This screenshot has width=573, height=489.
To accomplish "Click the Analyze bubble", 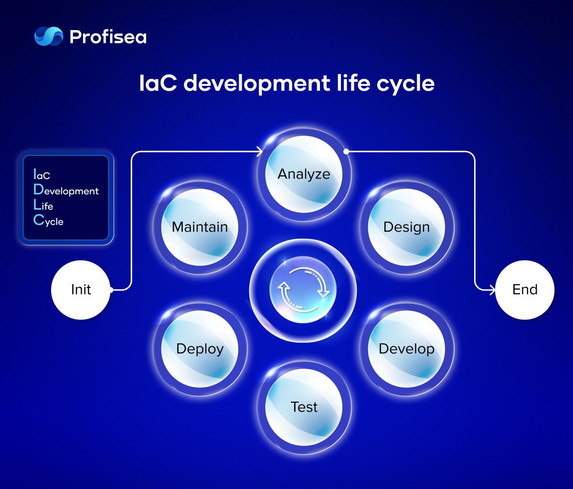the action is click(x=304, y=174).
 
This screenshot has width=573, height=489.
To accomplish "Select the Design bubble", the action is click(x=406, y=227).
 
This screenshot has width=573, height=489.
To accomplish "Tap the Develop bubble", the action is click(x=406, y=349).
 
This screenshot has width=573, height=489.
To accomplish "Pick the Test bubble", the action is click(x=304, y=407).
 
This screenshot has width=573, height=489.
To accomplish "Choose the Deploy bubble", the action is click(x=200, y=349).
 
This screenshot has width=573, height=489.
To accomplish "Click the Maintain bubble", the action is click(x=200, y=227).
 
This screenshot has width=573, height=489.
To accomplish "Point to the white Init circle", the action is click(x=81, y=290).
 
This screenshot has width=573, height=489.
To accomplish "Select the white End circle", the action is click(x=524, y=290).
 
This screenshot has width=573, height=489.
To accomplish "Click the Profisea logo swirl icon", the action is click(x=49, y=36).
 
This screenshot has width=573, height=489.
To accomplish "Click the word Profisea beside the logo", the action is click(x=108, y=37).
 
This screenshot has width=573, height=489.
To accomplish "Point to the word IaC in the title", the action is click(x=158, y=83).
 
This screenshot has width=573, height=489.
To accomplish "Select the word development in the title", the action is click(x=257, y=84).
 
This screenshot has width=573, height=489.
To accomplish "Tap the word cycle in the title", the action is click(x=405, y=84).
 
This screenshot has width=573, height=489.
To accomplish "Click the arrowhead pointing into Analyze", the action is click(x=260, y=152).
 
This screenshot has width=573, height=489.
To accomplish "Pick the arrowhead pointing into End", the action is click(x=492, y=290).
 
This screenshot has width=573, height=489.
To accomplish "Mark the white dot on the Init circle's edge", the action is click(x=111, y=290).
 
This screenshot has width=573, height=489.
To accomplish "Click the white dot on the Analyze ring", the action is click(x=346, y=151).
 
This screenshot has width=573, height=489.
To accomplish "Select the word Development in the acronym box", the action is click(x=66, y=190).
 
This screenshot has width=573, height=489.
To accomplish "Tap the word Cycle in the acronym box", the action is click(x=48, y=220).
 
